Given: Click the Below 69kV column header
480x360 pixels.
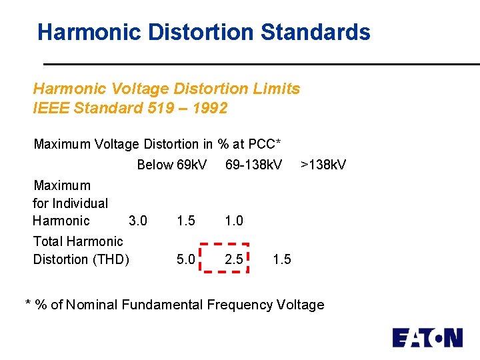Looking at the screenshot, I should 171,164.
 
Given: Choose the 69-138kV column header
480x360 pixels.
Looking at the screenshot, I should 254,164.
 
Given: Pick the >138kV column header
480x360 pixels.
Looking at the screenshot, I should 323,164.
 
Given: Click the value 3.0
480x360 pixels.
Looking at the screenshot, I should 138,221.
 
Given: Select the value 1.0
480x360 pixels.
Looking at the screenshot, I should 234,221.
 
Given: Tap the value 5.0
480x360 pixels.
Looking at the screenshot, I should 186,259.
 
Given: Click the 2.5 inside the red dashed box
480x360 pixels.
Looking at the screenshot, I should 233,259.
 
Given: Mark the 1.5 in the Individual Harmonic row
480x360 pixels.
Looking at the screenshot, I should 186,221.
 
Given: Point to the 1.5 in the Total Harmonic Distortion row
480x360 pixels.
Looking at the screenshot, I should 282,259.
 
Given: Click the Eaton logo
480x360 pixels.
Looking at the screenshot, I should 427,337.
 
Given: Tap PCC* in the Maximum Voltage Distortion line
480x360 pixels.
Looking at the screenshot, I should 265,144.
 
